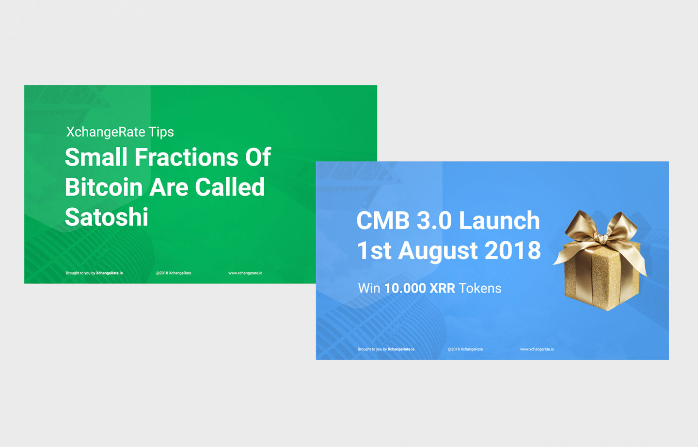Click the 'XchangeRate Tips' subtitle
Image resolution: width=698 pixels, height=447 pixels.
tap(120, 132)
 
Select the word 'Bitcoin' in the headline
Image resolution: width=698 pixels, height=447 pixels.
tap(103, 187)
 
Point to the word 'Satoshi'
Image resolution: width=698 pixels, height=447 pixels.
tap(106, 217)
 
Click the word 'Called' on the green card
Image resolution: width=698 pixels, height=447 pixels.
tap(230, 187)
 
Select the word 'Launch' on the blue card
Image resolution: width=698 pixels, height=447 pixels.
tap(499, 220)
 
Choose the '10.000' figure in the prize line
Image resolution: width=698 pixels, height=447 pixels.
tap(405, 288)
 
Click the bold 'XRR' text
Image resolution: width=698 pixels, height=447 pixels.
tap(442, 288)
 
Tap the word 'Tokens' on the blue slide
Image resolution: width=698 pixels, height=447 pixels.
tap(480, 288)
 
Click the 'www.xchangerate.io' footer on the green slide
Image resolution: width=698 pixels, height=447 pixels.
tap(245, 273)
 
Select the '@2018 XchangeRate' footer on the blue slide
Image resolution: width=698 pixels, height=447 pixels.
tap(465, 349)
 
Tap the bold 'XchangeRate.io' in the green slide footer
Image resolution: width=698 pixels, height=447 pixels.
tap(110, 273)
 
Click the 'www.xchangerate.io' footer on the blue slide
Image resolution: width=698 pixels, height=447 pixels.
tap(537, 349)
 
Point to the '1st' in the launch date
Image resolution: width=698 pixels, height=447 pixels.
tap(374, 250)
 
